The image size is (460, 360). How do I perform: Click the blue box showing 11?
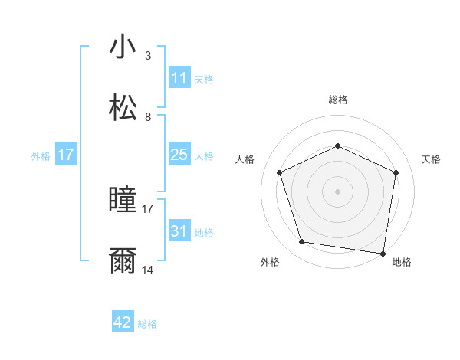click(179, 78)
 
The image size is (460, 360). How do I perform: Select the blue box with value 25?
click(179, 155)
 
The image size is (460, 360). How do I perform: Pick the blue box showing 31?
click(179, 231)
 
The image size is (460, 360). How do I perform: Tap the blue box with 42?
click(123, 322)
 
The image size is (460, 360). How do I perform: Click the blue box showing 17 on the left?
click(66, 155)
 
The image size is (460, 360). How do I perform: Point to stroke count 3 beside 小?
click(148, 56)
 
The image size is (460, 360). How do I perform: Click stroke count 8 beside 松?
click(148, 117)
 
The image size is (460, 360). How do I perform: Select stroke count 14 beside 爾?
click(148, 270)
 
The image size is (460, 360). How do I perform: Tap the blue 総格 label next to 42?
click(147, 324)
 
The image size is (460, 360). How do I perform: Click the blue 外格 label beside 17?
click(41, 156)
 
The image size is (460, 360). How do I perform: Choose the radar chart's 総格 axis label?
click(338, 100)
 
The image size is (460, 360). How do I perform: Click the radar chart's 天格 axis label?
click(432, 159)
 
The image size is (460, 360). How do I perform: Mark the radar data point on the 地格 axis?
click(383, 253)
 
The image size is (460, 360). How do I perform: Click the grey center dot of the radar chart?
click(338, 191)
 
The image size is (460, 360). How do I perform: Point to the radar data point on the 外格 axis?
click(302, 242)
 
